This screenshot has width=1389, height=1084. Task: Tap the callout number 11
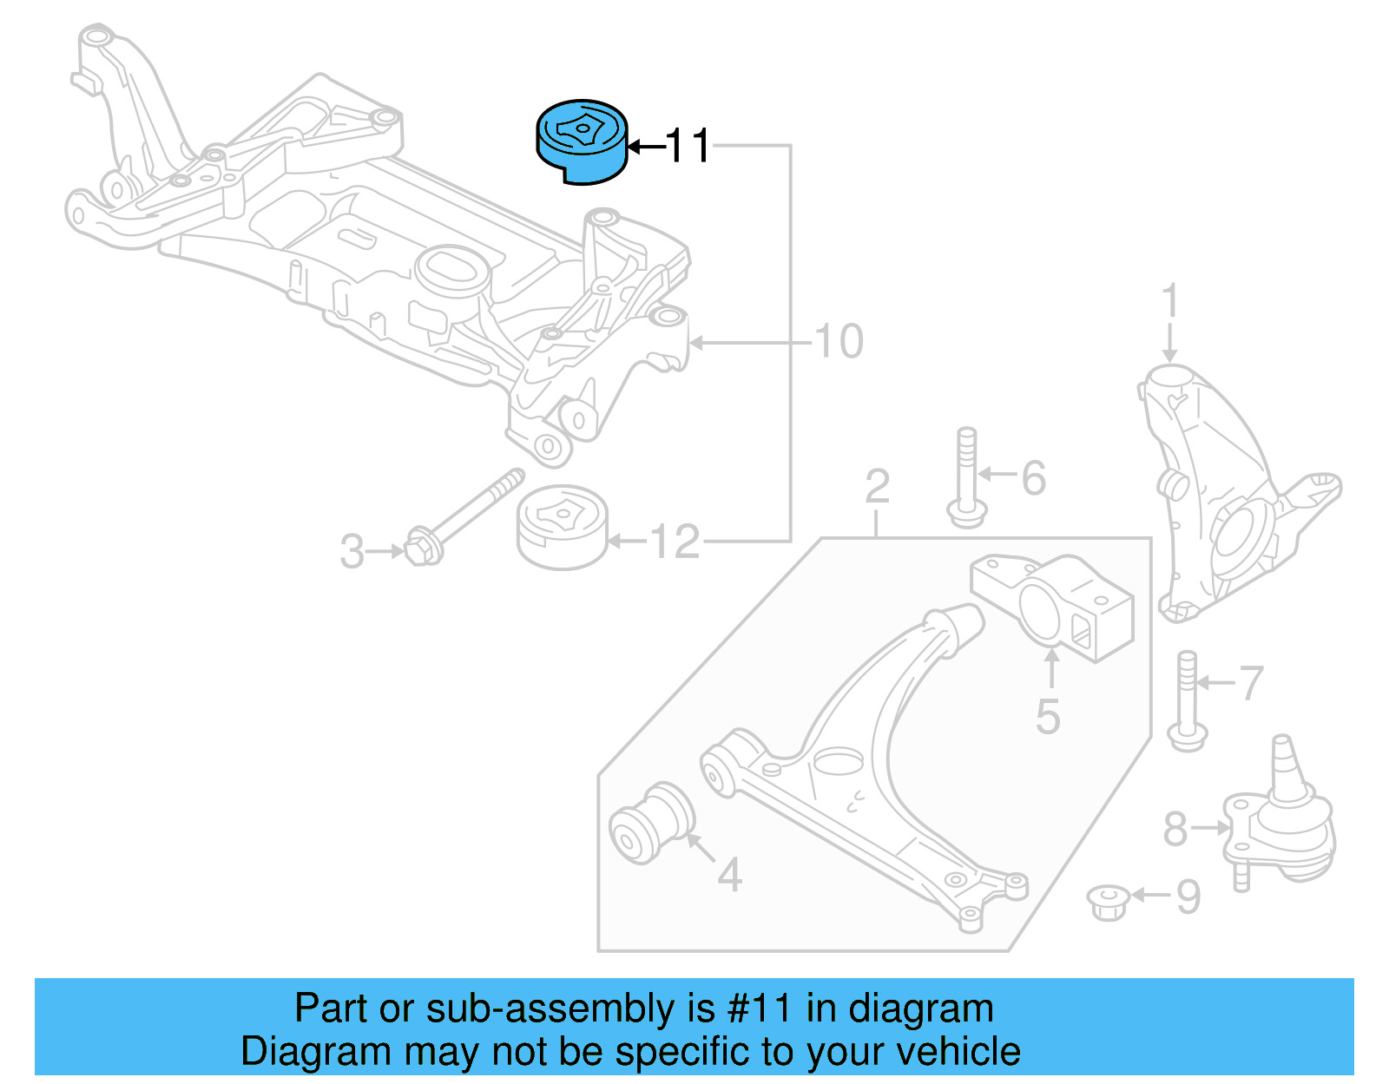pyautogui.click(x=688, y=146)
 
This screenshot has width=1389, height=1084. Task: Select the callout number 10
pyautogui.click(x=839, y=341)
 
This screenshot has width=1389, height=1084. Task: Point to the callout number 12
pyautogui.click(x=675, y=542)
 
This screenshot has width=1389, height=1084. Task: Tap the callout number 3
pyautogui.click(x=352, y=552)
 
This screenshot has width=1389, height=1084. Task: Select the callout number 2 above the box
pyautogui.click(x=877, y=487)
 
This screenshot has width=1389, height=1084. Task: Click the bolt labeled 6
pyautogui.click(x=966, y=477)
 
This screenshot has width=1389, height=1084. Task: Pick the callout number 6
pyautogui.click(x=1033, y=478)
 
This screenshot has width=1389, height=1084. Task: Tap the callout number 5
pyautogui.click(x=1048, y=717)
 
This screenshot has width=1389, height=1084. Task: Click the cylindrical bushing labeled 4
pyautogui.click(x=653, y=822)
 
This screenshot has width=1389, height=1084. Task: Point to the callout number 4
pyautogui.click(x=729, y=875)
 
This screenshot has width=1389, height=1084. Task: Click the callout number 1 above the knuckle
pyautogui.click(x=1169, y=301)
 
